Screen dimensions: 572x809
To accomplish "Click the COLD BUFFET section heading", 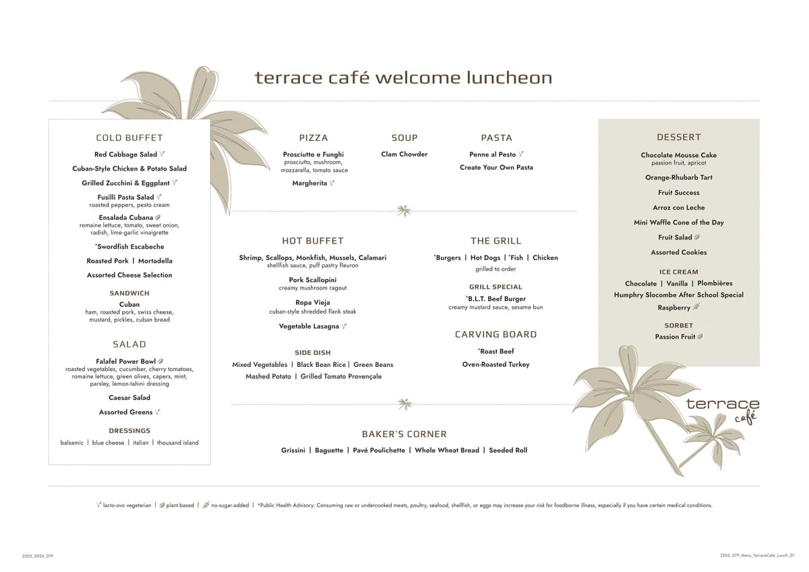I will [x=129, y=138].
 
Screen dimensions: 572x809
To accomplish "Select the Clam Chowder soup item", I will [x=404, y=154].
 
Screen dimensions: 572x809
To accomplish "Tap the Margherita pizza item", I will [x=309, y=183].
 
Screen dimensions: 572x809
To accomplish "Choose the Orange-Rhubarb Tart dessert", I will [x=678, y=177].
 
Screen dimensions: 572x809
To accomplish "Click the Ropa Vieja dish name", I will [x=312, y=303].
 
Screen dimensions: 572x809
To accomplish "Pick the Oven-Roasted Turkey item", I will [x=496, y=364].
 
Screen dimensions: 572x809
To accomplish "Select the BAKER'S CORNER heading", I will [x=404, y=434].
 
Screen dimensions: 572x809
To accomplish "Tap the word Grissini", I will [x=293, y=450].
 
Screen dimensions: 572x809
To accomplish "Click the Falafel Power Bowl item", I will [x=126, y=362].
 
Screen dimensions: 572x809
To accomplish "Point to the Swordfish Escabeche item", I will [x=129, y=247].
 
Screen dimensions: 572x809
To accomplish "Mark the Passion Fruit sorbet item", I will [x=675, y=337].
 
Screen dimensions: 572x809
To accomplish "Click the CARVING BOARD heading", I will [x=496, y=335].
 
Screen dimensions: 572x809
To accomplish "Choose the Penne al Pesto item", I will [x=492, y=154].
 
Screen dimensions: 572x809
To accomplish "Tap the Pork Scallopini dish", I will [x=312, y=280].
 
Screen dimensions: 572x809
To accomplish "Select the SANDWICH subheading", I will [x=129, y=293].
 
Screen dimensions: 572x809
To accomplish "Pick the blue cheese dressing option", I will [x=108, y=442].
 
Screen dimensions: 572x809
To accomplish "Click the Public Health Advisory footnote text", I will [x=485, y=505].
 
